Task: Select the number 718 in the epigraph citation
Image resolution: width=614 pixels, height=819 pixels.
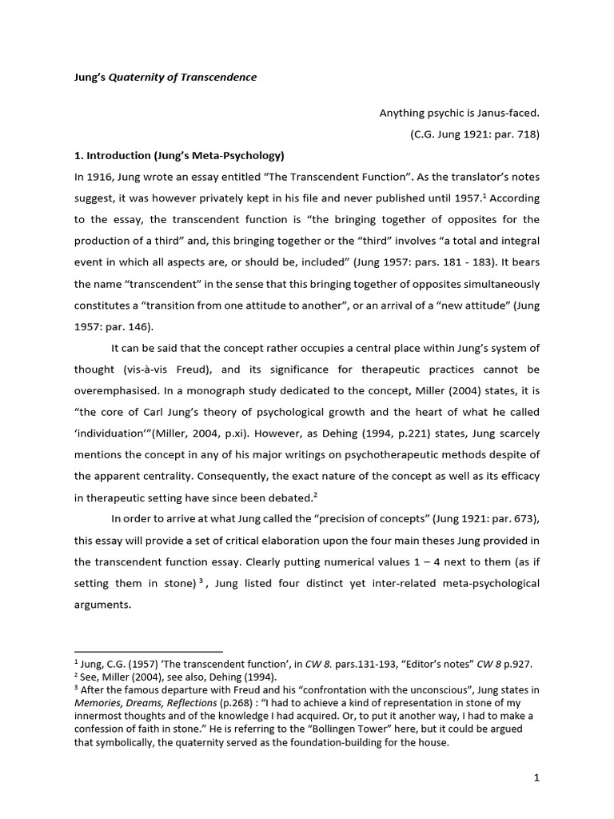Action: click(x=524, y=134)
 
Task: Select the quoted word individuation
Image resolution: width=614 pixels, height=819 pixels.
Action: click(x=118, y=433)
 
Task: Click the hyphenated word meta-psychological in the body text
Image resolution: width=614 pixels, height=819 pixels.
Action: click(x=490, y=583)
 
